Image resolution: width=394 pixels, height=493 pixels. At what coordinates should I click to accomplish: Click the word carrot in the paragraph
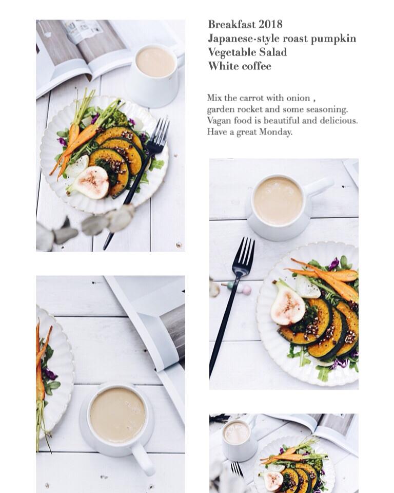coord(252,98)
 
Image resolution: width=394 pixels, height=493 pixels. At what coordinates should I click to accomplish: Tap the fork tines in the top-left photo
coord(160,132)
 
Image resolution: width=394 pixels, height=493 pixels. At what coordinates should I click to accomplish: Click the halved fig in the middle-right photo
coord(287,305)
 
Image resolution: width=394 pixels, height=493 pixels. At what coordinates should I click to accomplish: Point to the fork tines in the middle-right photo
coord(244,254)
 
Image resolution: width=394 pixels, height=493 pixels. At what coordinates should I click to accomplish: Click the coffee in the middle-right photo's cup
coord(278,201)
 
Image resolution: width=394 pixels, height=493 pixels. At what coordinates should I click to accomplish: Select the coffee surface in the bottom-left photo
coord(117,415)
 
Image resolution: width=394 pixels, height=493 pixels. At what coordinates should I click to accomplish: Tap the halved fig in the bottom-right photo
coord(273,481)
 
